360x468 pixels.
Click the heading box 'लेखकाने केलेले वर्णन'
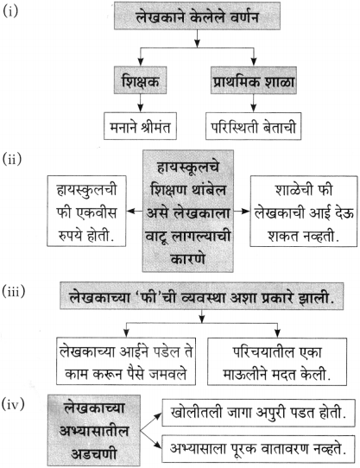[197, 16]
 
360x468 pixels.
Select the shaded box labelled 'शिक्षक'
[141, 80]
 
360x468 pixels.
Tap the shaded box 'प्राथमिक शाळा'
[254, 80]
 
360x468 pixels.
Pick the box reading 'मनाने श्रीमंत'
[140, 126]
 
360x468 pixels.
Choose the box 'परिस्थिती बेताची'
[253, 126]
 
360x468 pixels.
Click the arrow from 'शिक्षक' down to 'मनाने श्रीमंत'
[141, 104]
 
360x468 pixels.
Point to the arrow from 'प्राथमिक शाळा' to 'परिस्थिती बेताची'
[254, 104]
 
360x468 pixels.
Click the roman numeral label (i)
[10, 11]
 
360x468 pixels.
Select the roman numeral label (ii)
[12, 159]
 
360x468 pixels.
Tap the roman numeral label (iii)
[14, 291]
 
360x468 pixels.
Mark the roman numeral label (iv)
[13, 405]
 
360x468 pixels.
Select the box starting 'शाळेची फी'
[304, 212]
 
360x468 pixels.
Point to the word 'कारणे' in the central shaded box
[187, 258]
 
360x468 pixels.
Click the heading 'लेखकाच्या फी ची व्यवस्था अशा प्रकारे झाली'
[201, 296]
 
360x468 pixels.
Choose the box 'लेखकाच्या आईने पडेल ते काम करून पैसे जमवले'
[126, 362]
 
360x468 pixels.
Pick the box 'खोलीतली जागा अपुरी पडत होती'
[258, 413]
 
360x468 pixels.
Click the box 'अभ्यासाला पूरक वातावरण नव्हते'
[258, 449]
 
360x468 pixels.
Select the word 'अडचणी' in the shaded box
[94, 454]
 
